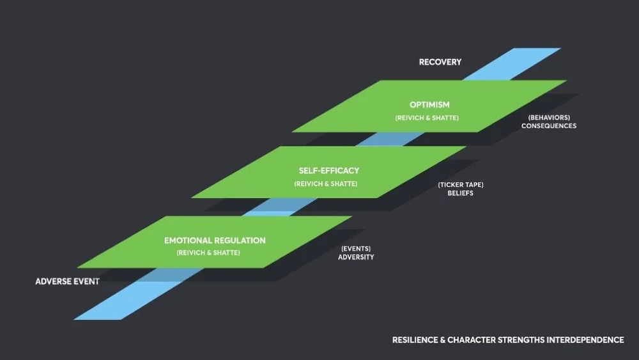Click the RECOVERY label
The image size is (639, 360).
pos(440,62)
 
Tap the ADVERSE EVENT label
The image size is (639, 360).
pos(67,281)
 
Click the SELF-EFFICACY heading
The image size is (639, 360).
pos(328,171)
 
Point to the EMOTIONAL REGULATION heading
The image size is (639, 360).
pos(215,240)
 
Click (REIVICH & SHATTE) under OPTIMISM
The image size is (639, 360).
pos(427,118)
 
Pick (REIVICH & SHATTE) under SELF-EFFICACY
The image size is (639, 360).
pos(325,184)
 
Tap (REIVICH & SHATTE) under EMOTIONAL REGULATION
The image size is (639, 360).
pos(208,253)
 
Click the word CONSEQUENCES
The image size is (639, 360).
pos(548,126)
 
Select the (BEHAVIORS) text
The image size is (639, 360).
pos(549,118)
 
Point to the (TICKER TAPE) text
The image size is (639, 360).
pos(460,185)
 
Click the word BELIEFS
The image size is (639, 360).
pos(460,193)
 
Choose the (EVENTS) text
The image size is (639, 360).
pos(356,248)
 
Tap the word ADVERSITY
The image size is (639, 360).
pos(356,257)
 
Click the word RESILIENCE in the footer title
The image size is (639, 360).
pos(415,340)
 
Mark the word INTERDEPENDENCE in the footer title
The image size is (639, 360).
pos(585,340)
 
